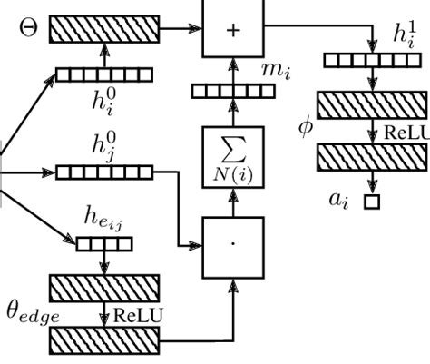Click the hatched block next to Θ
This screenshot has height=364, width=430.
pos(103,30)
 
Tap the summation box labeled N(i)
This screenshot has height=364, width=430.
pos(232,157)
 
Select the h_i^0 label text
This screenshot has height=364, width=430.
pos(102,98)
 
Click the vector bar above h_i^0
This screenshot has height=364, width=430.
pos(103,74)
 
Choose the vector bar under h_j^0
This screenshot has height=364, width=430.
pos(103,172)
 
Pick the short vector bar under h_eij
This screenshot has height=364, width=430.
pos(103,243)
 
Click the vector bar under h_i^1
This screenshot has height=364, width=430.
pos(371,61)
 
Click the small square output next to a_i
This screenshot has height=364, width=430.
pos(371,202)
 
